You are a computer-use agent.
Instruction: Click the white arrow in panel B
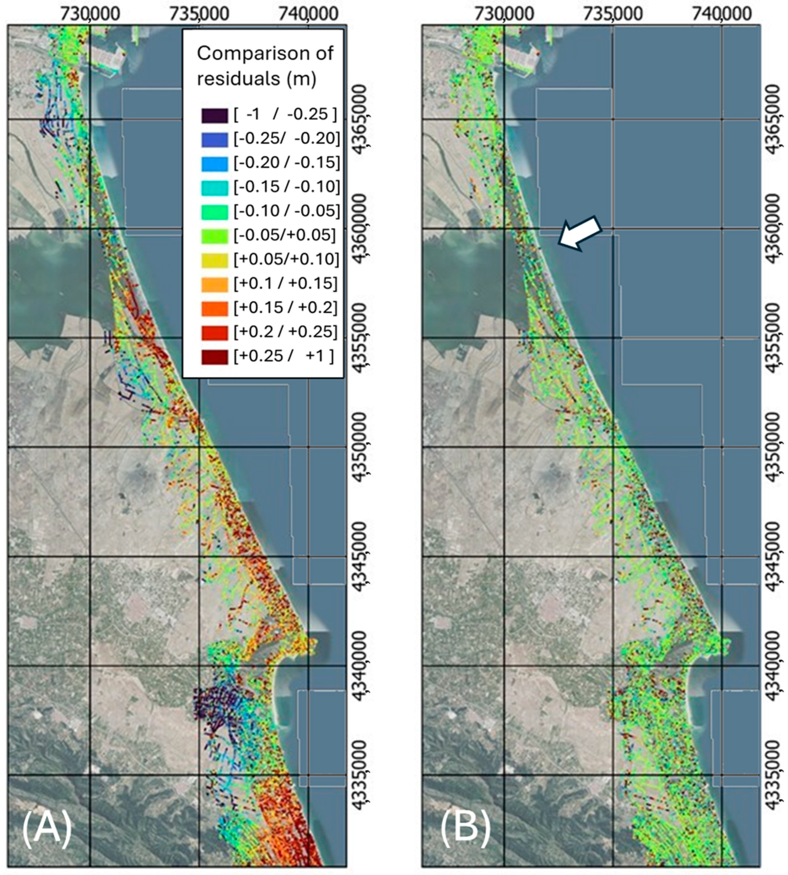pos(579,234)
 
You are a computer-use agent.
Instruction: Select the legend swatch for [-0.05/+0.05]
pos(214,236)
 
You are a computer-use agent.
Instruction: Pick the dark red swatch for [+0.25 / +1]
pos(214,357)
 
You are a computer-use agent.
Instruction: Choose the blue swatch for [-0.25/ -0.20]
pos(214,139)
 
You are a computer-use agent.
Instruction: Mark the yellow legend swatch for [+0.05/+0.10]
pos(214,260)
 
